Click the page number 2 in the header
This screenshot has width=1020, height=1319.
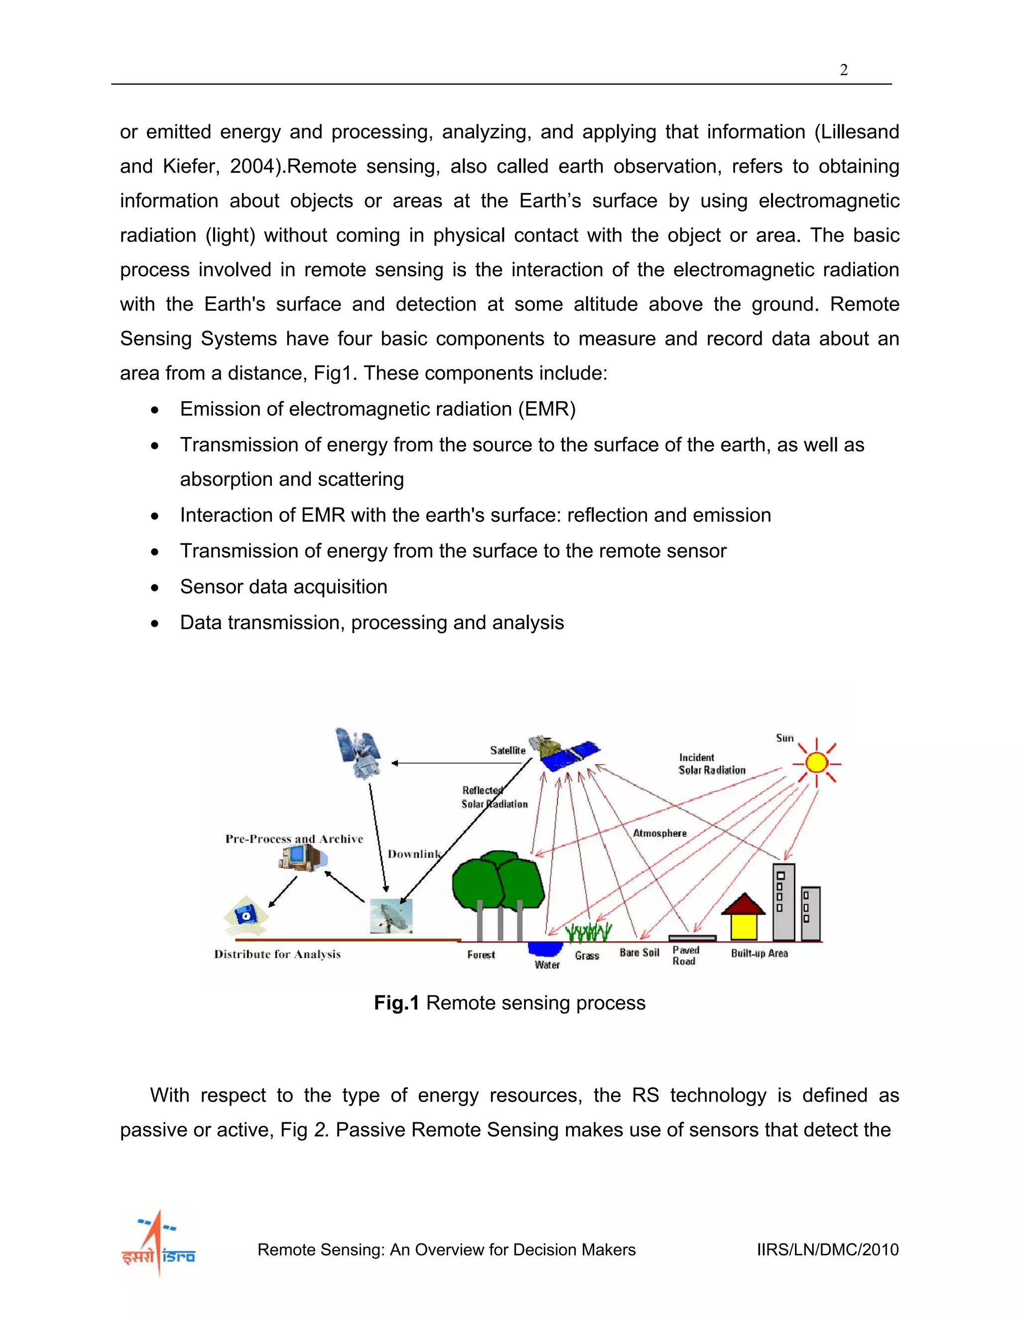click(844, 70)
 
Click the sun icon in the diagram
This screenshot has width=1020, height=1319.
click(816, 763)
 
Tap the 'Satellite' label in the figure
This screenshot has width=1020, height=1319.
click(508, 750)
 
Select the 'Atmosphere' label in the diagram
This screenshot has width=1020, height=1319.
click(659, 833)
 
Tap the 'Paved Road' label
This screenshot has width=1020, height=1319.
click(685, 956)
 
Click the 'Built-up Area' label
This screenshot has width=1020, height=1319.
click(759, 953)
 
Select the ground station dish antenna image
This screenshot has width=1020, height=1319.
click(391, 915)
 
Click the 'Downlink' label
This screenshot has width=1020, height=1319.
click(414, 854)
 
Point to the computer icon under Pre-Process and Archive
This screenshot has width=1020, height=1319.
click(300, 858)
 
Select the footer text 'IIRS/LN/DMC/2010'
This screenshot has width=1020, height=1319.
click(827, 1249)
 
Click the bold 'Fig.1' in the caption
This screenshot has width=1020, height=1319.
click(396, 1003)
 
